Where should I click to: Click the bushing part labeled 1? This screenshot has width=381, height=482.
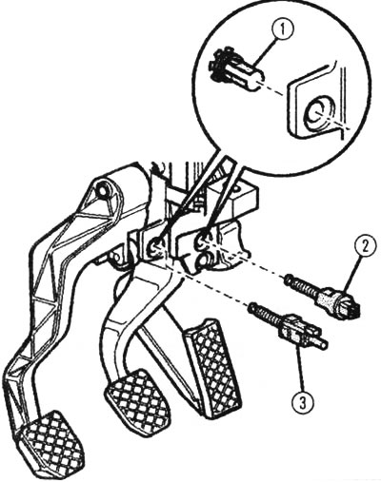tap(235, 70)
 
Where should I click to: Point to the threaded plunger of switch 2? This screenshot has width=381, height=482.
tap(301, 284)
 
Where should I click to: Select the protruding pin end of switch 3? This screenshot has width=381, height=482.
tap(319, 343)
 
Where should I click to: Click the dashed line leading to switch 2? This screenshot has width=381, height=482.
tap(247, 258)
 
